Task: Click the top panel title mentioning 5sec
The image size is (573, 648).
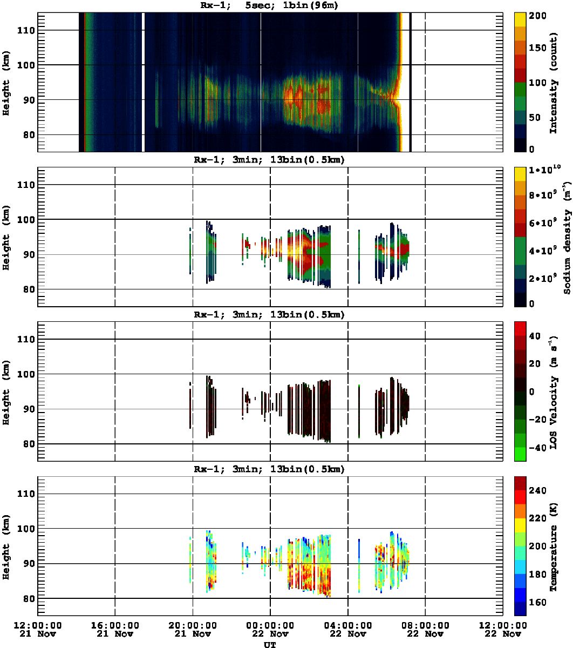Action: tap(269, 6)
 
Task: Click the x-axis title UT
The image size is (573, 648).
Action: tap(269, 644)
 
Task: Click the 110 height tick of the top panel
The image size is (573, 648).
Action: tap(26, 31)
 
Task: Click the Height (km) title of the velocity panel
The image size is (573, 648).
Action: tap(6, 391)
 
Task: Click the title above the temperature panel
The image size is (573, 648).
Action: tap(269, 469)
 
